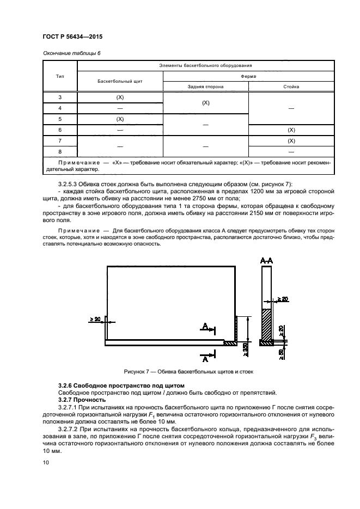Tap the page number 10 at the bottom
pyautogui.click(x=45, y=463)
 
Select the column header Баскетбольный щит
pyautogui.click(x=120, y=81)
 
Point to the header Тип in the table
pyautogui.click(x=60, y=76)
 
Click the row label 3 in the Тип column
pyautogui.click(x=60, y=97)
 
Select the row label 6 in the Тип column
pyautogui.click(x=60, y=130)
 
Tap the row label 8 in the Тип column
pyautogui.click(x=60, y=151)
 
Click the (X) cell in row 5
pyautogui.click(x=120, y=119)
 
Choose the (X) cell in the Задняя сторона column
pyautogui.click(x=206, y=102)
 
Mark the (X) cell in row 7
pyautogui.click(x=291, y=140)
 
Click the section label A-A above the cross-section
pyautogui.click(x=266, y=261)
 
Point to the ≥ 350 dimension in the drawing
pyautogui.click(x=246, y=348)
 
